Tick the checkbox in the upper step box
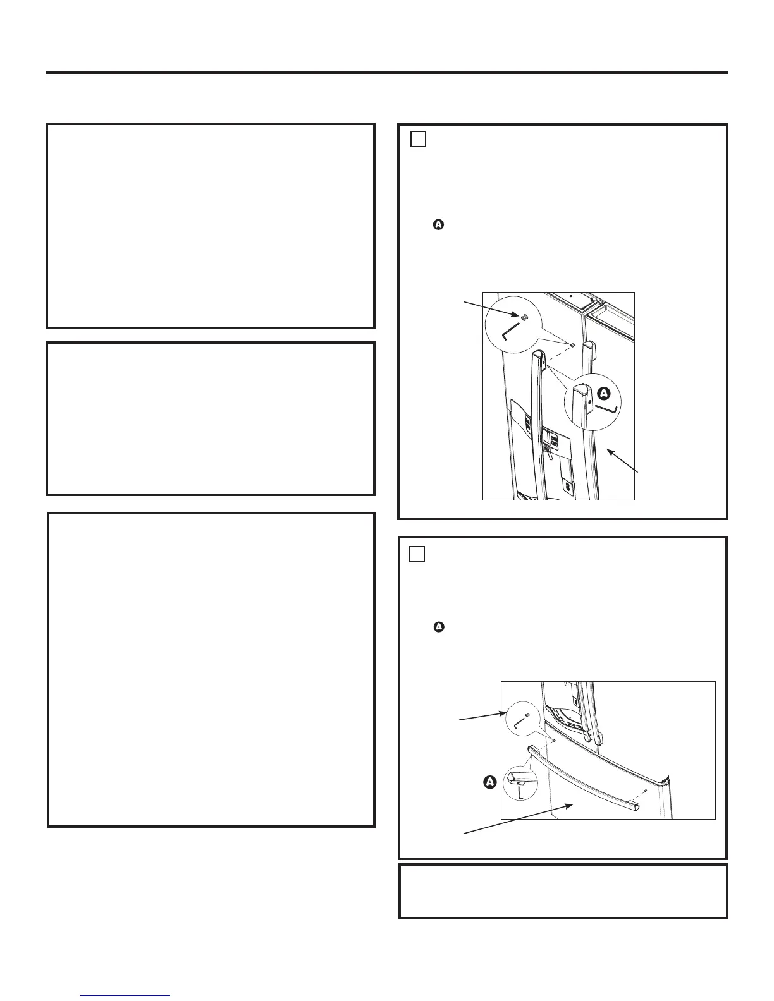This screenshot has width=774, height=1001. [x=417, y=138]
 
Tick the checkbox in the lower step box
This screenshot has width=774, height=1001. [x=416, y=554]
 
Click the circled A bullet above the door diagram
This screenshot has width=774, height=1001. [x=437, y=224]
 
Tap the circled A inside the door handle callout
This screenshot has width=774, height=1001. [x=603, y=393]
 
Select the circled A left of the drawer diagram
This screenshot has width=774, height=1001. [x=489, y=782]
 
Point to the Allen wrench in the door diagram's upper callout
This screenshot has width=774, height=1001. [x=509, y=333]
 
